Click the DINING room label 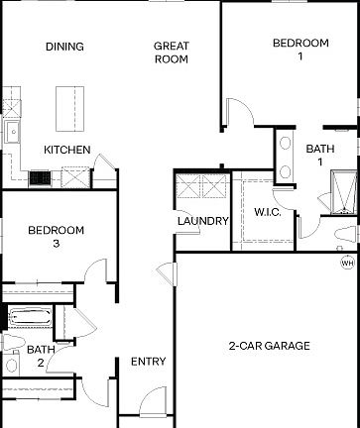point(64,47)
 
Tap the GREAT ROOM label point(171,53)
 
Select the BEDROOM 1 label point(300,50)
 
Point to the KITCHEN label point(67,150)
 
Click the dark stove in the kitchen point(41,177)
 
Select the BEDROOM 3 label point(56,237)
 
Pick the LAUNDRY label point(202,221)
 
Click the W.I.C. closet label point(269,212)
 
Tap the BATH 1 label point(320,156)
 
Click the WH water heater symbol point(347,263)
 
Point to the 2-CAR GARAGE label point(269,346)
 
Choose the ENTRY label point(148,362)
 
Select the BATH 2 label point(41,356)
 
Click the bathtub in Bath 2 point(28,318)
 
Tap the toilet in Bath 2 point(10,343)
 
